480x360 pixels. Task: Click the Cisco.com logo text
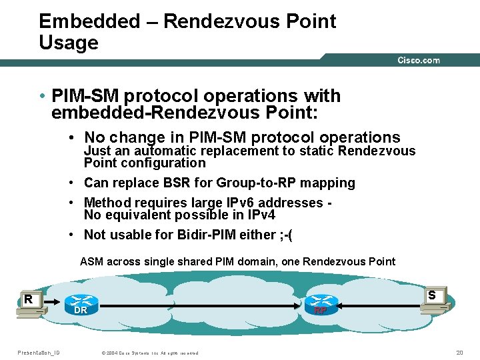(x=419, y=60)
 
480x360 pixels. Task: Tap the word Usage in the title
(x=68, y=43)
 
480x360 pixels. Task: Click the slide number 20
(x=459, y=353)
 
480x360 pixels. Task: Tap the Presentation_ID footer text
(x=38, y=353)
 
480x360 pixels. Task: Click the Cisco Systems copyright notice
(x=149, y=353)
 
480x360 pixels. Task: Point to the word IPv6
(x=256, y=203)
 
